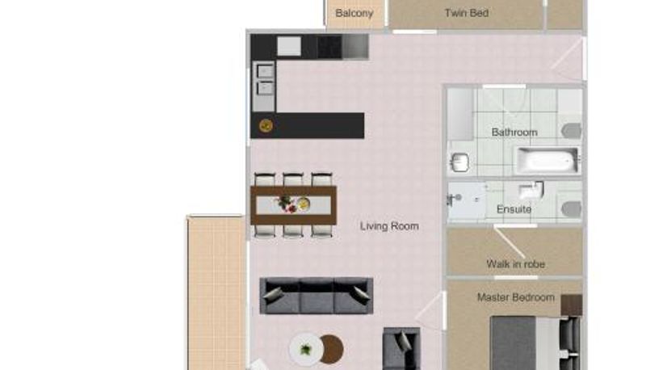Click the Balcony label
354,14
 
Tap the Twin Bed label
467,13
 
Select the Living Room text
389,226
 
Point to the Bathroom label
514,132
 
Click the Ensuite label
514,209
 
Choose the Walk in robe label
516,264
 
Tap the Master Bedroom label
516,297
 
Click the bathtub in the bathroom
547,160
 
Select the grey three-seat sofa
317,296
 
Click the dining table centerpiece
293,204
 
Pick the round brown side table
331,349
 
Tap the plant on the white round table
306,350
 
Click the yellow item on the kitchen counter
266,125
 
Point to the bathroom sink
459,162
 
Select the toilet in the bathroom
572,131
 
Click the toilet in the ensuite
572,209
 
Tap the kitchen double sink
265,79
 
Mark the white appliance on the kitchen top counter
289,46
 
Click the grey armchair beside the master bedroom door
401,348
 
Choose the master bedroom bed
535,343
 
